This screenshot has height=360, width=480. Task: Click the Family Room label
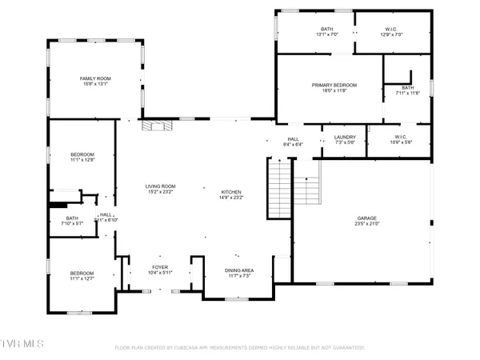(x=92, y=78)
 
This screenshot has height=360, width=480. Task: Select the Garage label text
(x=368, y=218)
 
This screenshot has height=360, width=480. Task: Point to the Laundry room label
(x=345, y=138)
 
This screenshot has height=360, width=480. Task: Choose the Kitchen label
(x=231, y=193)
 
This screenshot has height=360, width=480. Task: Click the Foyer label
(x=161, y=268)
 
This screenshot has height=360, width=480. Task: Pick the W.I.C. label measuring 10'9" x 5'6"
(x=398, y=138)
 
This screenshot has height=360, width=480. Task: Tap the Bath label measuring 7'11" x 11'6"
(x=408, y=88)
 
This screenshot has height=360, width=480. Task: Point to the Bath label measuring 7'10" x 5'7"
(x=73, y=218)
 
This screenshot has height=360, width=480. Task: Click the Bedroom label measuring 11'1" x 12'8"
(x=82, y=154)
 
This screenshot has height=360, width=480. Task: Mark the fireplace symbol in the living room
(x=153, y=125)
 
